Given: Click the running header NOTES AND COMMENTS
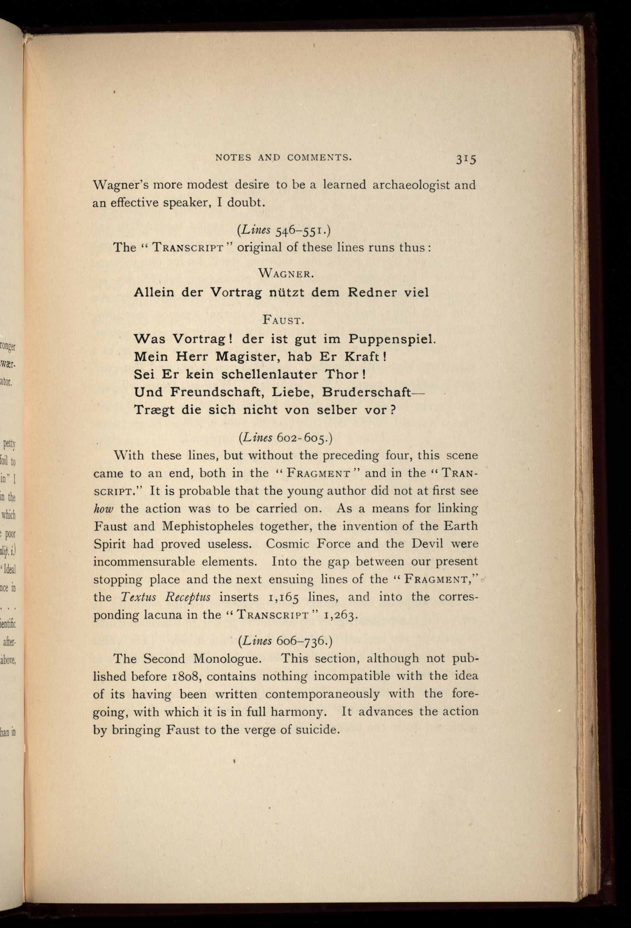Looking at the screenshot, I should (x=284, y=158).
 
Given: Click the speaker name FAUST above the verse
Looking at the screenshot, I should (x=284, y=320).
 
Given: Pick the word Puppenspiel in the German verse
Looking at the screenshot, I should (x=392, y=339).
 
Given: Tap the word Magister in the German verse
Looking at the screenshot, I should (x=242, y=356).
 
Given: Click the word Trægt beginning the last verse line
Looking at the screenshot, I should (x=154, y=410).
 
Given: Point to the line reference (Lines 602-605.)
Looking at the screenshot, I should (x=285, y=438).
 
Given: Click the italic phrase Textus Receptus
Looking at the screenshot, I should (x=165, y=597).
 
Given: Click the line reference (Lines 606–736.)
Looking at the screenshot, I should (x=285, y=640).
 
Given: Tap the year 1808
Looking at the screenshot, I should (x=186, y=677).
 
